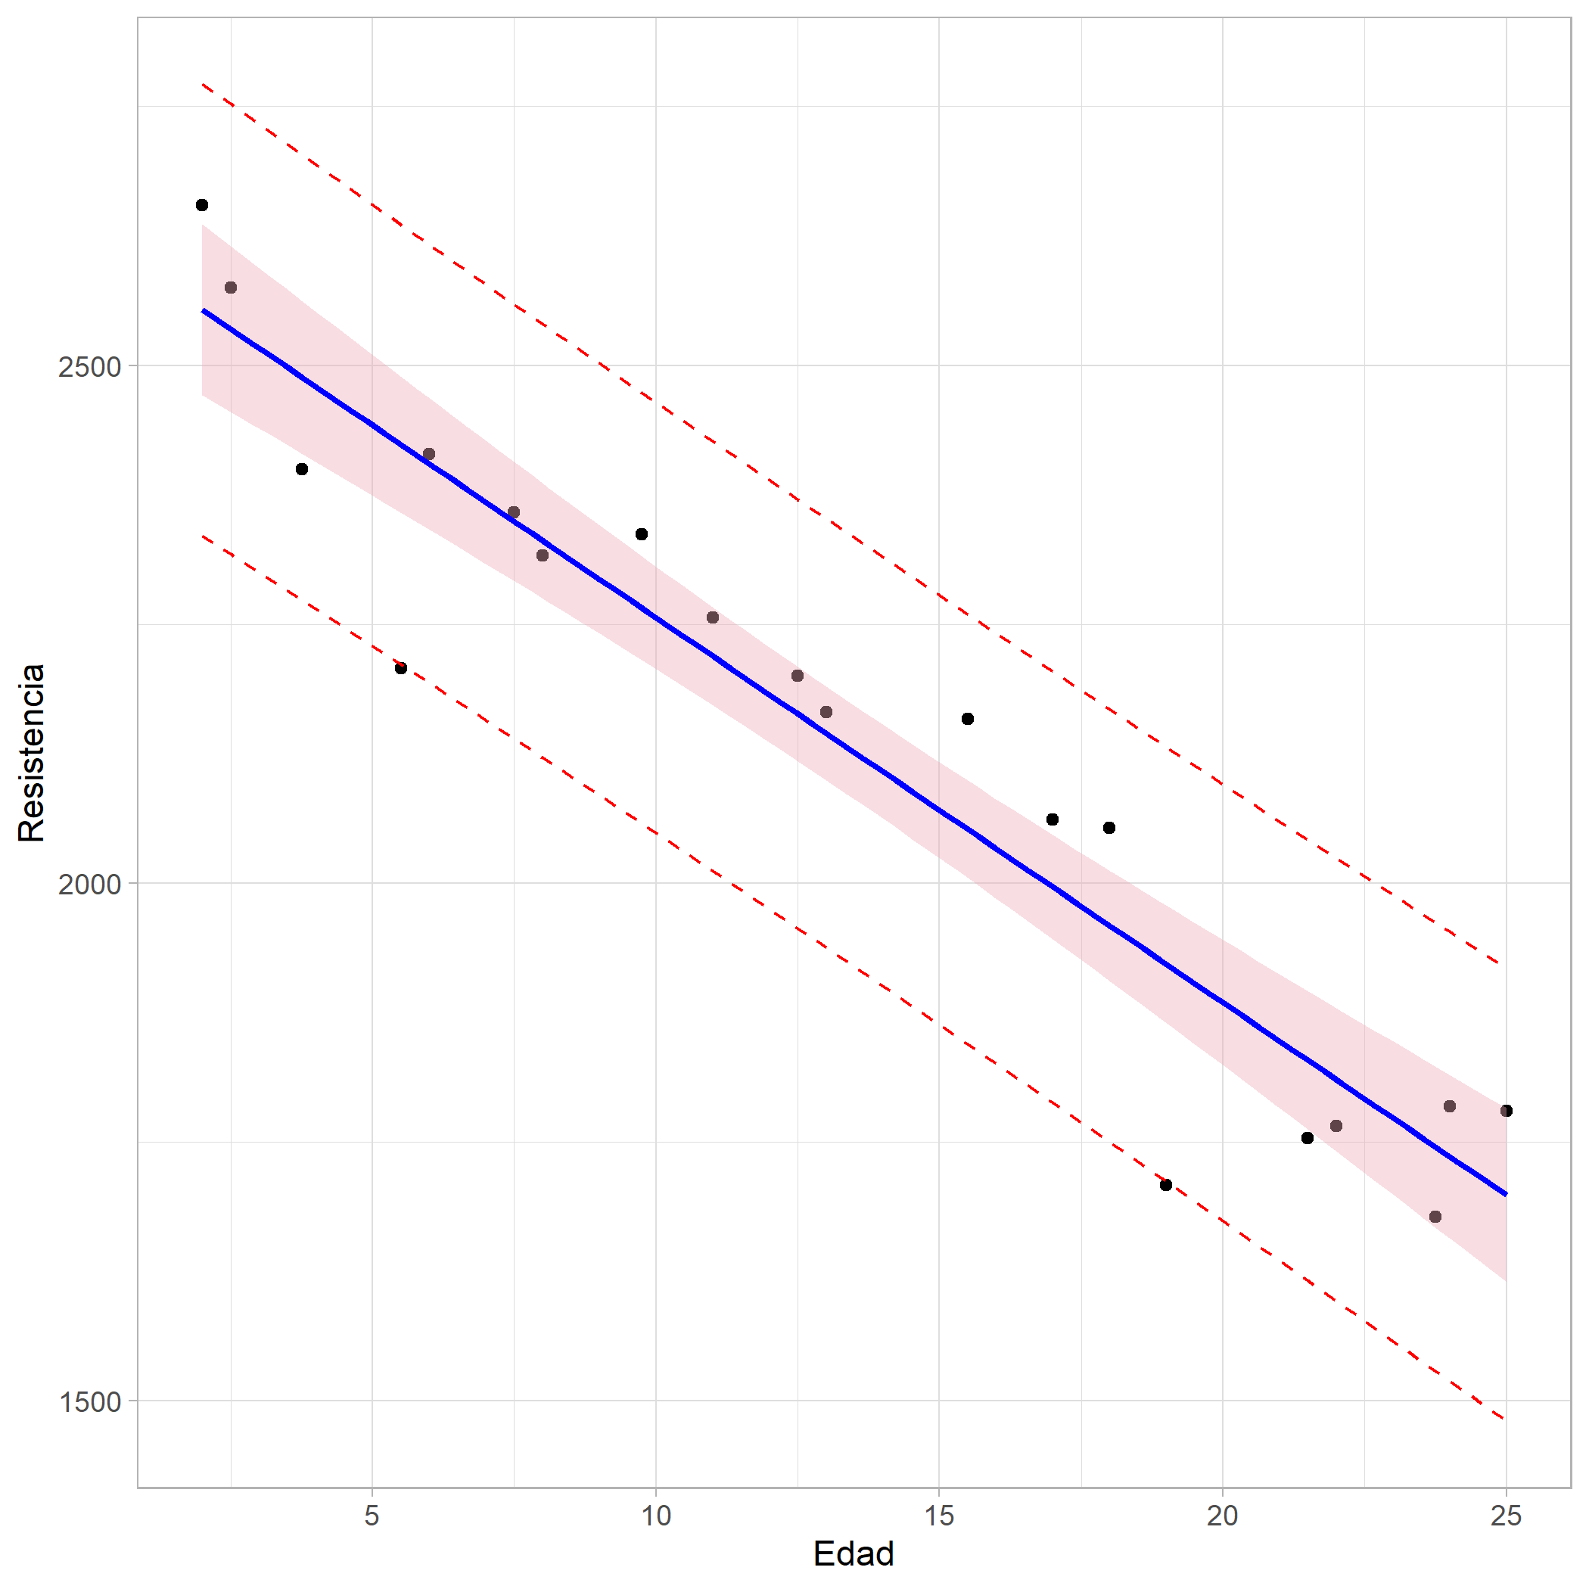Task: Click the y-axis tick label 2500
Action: [x=89, y=366]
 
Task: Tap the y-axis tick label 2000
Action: [x=89, y=884]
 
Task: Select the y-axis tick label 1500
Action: [x=89, y=1401]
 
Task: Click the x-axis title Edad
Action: [x=853, y=1553]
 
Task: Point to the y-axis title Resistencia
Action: [x=32, y=753]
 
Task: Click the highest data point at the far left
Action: [x=202, y=205]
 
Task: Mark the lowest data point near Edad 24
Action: [x=1435, y=1217]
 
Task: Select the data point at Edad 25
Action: [x=1506, y=1110]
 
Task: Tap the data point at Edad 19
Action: [x=1165, y=1184]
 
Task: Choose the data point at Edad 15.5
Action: [x=967, y=719]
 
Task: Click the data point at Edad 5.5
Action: [x=400, y=668]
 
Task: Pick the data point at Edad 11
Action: [x=712, y=617]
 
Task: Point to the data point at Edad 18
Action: [x=1109, y=827]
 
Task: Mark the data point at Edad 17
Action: [x=1052, y=819]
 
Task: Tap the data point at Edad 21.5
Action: [x=1307, y=1137]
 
